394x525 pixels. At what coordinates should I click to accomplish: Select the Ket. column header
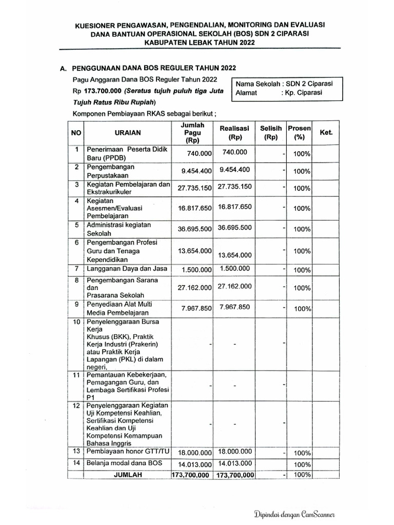tap(326, 132)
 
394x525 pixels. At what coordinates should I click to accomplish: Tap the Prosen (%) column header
tap(297, 133)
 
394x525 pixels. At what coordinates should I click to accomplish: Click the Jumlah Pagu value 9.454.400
tap(193, 171)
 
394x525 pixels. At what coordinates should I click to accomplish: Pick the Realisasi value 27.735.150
tap(235, 187)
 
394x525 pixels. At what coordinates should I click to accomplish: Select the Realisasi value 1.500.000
tap(234, 268)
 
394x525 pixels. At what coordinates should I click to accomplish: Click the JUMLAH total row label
tap(127, 475)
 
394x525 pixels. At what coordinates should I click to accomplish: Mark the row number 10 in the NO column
tap(76, 322)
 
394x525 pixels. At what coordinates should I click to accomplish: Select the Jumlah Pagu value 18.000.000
tap(194, 453)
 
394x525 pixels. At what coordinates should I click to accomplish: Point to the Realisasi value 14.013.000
tap(234, 463)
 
